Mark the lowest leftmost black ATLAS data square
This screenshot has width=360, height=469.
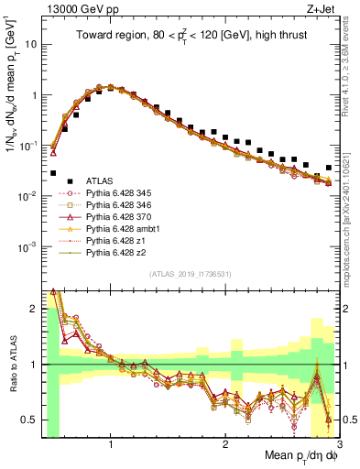(54, 173)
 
